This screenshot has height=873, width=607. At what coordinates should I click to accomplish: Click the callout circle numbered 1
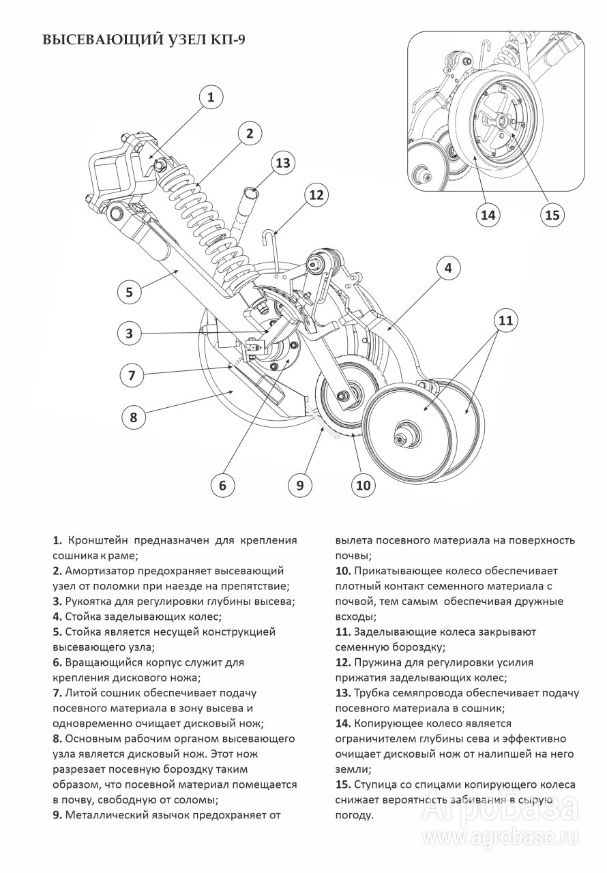211,98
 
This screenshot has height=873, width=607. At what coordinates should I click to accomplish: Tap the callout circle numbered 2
250,133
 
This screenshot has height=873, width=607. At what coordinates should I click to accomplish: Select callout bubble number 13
282,163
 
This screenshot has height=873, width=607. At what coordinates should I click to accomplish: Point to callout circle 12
314,195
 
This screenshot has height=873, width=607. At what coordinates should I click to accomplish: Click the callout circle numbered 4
448,268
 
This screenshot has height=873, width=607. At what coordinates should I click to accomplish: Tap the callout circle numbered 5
129,293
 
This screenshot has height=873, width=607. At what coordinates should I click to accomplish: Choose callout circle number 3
129,334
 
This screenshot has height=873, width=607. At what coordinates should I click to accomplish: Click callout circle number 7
132,374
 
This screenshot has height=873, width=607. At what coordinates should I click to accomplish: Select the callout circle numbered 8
134,417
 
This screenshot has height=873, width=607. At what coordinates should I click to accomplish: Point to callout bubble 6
222,485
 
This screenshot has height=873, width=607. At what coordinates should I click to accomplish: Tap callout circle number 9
299,485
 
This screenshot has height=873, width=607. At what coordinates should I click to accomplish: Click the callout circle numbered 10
364,485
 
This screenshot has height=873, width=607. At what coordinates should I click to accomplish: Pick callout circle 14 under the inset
487,214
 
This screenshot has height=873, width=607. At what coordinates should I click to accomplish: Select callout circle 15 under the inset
552,214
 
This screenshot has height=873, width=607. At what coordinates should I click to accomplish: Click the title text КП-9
222,41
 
